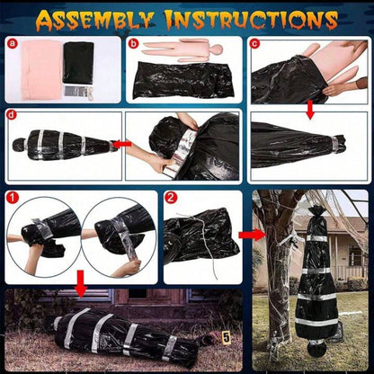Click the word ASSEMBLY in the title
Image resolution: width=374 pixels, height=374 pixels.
(x=95, y=20)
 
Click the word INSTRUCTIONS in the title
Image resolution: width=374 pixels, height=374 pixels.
(x=252, y=20)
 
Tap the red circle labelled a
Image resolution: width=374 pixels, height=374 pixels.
(x=13, y=44)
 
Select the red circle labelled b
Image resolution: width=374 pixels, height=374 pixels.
(x=134, y=44)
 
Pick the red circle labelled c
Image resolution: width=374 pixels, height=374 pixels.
(x=254, y=44)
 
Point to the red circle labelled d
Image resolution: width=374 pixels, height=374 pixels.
(x=11, y=115)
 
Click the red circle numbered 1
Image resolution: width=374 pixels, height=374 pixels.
(x=13, y=197)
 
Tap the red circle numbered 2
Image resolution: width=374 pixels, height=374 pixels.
(x=171, y=197)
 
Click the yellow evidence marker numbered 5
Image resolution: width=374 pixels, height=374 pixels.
(x=227, y=337)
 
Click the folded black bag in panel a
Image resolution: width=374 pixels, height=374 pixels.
(x=79, y=63)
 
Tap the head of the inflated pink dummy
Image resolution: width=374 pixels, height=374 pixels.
(x=217, y=49)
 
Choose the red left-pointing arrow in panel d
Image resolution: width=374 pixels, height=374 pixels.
(x=121, y=144)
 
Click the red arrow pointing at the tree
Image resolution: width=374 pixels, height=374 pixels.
(x=252, y=235)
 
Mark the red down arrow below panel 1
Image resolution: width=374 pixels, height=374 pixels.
(x=81, y=284)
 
